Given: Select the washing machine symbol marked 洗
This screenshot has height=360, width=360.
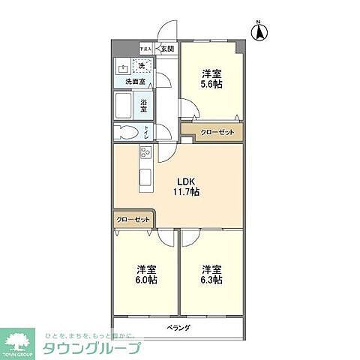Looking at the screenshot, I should click(142, 65).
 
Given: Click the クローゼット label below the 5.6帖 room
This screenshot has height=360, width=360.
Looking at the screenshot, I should click(217, 133).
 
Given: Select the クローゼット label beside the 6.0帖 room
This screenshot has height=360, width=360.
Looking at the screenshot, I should click(133, 220).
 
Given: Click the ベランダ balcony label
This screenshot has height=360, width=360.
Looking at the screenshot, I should click(178, 328).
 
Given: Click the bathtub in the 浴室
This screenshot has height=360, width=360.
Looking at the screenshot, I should click(124, 105).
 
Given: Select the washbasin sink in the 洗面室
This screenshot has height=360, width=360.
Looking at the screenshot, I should click(122, 67).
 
